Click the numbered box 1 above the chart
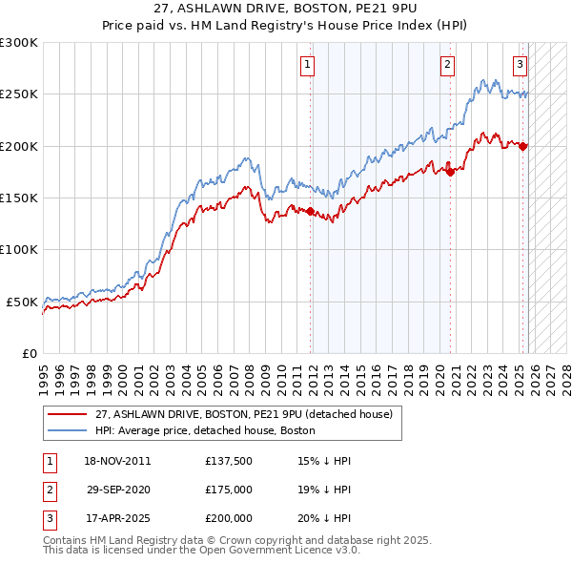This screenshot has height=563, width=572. [308, 65]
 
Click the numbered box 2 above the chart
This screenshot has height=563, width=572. [446, 65]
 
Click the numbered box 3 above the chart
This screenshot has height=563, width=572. [520, 65]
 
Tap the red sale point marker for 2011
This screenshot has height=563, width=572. [311, 211]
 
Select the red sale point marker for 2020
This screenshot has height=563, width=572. [451, 173]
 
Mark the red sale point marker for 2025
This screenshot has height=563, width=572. [523, 146]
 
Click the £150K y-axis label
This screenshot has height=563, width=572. [19, 198]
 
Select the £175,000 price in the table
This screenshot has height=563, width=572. [228, 489]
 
